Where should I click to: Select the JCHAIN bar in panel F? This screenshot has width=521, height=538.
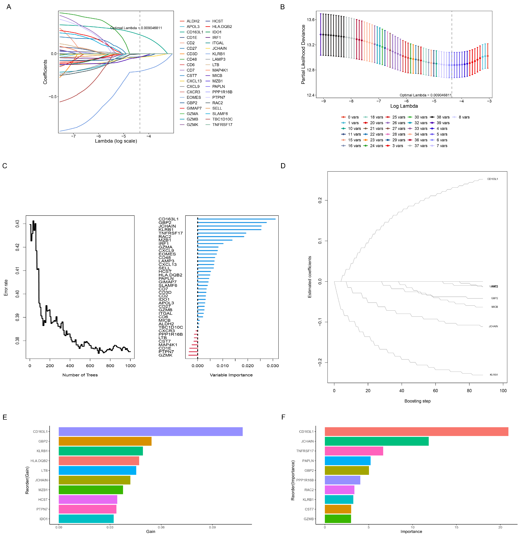pos(376,441)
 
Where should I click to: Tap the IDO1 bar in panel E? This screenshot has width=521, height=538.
pos(86,519)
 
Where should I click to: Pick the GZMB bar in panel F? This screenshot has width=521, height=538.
pos(338,519)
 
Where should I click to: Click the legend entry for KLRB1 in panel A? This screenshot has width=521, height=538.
pos(218,54)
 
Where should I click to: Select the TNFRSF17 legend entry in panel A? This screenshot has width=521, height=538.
pos(222,125)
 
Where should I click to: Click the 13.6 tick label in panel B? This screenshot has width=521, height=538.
pos(311,20)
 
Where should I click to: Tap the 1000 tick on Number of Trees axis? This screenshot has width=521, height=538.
pos(130,366)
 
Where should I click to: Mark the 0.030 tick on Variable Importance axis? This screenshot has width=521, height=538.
pos(273,366)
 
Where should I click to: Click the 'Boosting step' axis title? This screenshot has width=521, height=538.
pos(417,401)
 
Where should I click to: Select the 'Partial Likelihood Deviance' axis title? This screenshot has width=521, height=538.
pos(303,54)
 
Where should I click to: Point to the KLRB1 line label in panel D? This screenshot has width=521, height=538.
pos(494,375)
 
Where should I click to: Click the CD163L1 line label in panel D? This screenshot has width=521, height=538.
pos(493,179)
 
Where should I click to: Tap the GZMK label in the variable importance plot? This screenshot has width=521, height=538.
pos(165,355)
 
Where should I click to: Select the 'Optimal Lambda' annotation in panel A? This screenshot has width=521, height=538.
pos(136,28)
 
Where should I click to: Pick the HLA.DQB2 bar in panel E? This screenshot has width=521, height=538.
pos(99,461)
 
